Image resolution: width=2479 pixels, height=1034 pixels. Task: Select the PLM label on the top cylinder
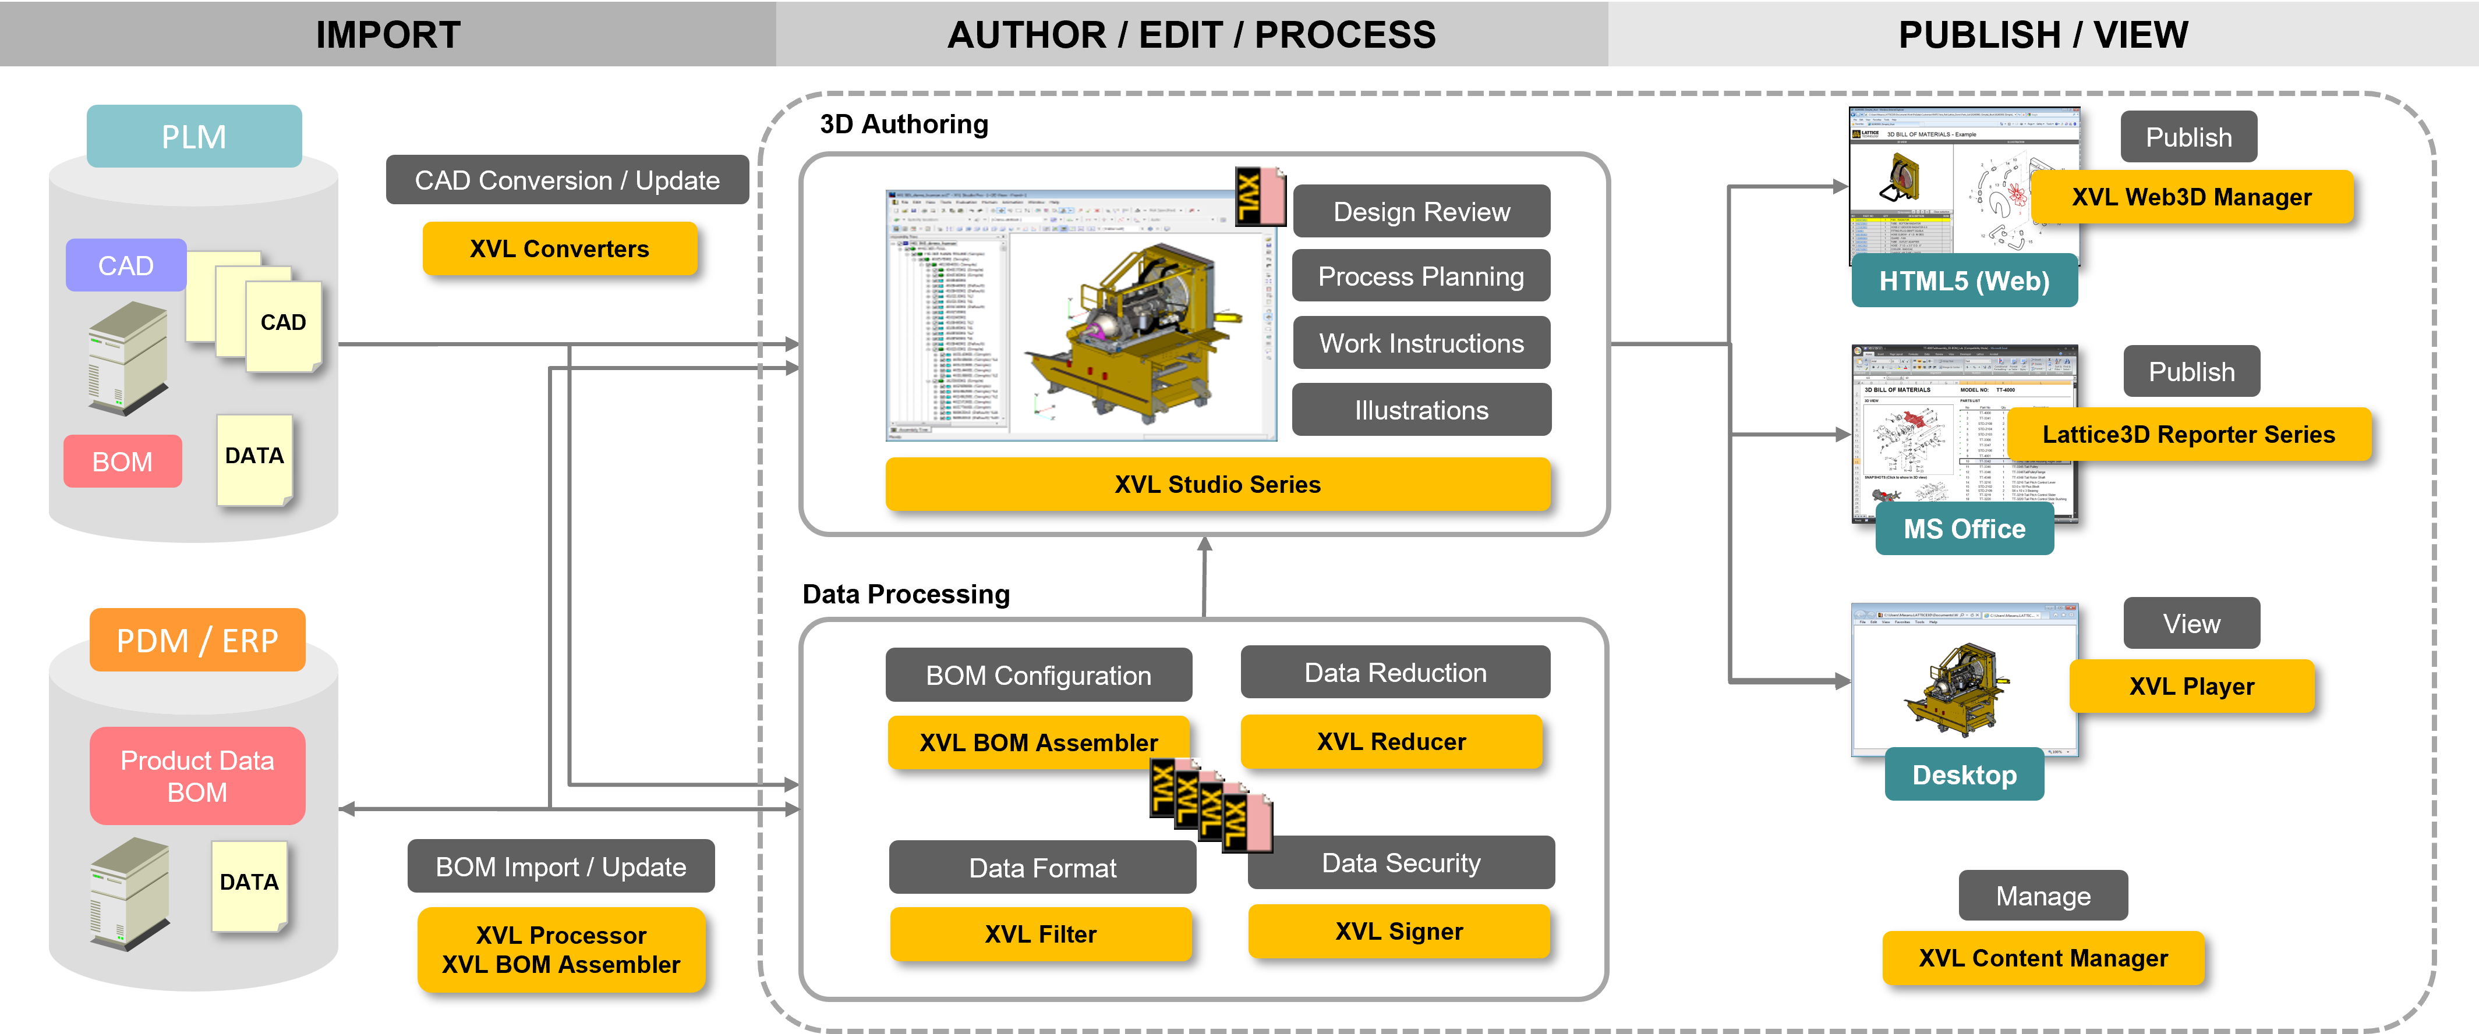coord(194,137)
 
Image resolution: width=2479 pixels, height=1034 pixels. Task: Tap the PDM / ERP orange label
coord(197,639)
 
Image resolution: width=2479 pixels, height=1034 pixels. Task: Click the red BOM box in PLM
coord(122,461)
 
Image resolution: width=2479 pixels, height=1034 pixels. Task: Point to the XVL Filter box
coord(1040,934)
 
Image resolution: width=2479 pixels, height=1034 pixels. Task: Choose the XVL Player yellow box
coord(2191,686)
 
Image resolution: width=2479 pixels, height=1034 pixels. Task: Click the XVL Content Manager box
coord(2042,958)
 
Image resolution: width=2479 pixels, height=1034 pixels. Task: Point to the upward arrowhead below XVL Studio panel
coord(1204,545)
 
